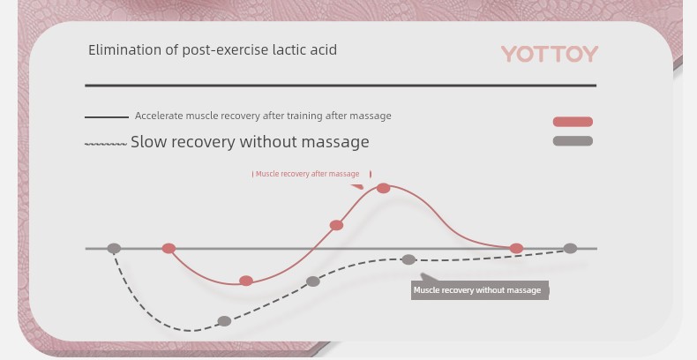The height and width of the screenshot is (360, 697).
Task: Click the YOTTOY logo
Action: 550,54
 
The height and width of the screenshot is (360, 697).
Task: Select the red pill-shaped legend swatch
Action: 573,122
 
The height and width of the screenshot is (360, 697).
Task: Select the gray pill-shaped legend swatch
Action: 573,141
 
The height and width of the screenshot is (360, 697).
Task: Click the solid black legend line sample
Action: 107,116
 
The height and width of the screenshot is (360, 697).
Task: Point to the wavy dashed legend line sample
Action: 106,144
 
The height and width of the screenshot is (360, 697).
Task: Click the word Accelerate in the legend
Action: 159,116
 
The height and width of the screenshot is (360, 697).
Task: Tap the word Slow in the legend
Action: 148,142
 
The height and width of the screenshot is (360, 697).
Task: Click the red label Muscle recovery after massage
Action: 307,174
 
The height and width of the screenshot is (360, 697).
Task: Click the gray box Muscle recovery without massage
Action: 480,290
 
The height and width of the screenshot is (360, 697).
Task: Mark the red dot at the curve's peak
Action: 383,189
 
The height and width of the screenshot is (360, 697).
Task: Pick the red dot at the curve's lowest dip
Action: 246,281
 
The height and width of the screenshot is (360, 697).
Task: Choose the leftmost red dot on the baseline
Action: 169,249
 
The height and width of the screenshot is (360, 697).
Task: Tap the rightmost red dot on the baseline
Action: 516,249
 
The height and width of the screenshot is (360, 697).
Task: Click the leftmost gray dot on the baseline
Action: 114,249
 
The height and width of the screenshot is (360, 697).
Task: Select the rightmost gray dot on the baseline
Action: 570,249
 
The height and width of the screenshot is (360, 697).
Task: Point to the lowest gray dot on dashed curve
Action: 224,321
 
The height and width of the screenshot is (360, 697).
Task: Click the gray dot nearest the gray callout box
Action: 408,259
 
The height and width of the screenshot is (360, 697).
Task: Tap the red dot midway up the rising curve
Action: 336,225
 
